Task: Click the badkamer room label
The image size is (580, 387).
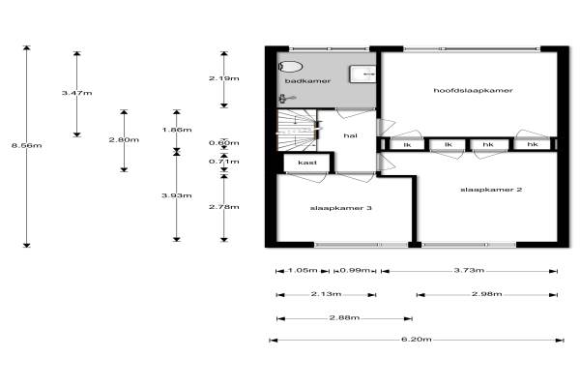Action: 307,80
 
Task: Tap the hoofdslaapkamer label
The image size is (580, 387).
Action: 473,90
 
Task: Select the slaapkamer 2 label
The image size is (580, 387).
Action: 491,190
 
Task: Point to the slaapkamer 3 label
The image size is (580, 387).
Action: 340,208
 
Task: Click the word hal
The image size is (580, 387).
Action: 350,135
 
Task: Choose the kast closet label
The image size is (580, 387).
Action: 307,163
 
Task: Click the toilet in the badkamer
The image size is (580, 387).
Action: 290,67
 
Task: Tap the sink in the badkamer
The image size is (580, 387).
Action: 362,74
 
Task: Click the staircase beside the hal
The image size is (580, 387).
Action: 297,130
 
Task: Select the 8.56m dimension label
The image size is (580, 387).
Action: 27,145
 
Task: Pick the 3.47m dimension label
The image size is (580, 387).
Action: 77,93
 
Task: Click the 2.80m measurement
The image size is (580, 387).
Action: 124,140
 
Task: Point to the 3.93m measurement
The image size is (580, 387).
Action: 177,195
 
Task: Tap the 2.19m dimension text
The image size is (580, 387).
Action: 224,78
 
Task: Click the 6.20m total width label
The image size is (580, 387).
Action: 417,340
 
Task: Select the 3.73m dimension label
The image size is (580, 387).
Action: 469,270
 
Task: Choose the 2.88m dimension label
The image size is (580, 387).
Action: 344,317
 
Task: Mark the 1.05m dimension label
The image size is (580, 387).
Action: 303,270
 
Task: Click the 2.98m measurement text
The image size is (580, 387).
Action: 487,294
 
